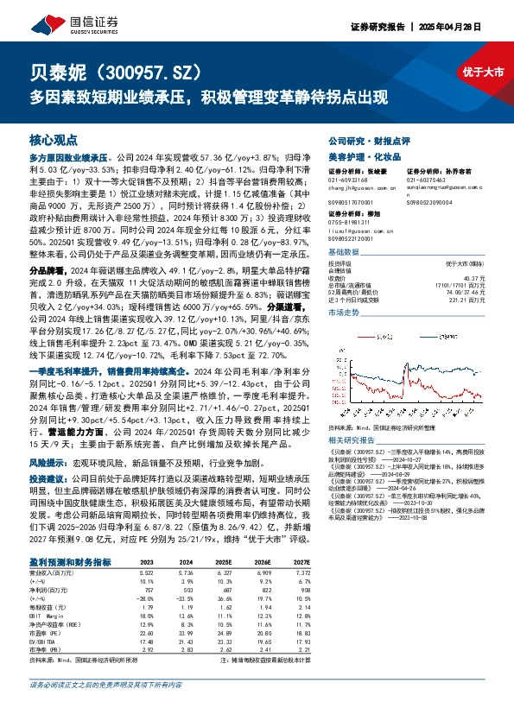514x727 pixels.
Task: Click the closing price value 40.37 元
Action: (x=474, y=277)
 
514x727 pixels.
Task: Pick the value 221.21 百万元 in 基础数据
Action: (x=470, y=300)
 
